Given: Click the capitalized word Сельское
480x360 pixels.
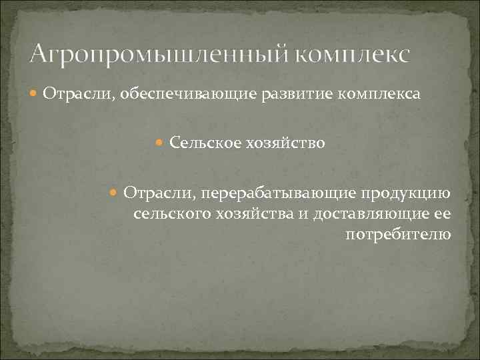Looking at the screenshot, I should point(200,143).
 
